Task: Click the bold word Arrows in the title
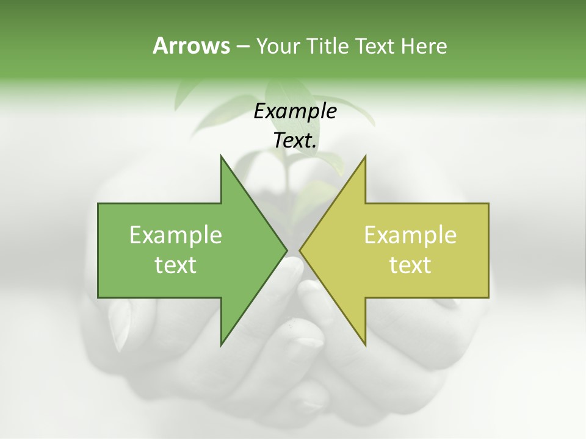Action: [x=190, y=46]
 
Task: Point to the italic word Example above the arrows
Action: [x=295, y=111]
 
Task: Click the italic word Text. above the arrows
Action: [x=295, y=140]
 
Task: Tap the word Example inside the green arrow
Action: [x=176, y=235]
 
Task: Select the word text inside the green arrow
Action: [x=176, y=265]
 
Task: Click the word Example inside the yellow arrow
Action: [x=410, y=235]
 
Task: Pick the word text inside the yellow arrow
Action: [x=410, y=265]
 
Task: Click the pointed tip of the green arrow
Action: [x=286, y=250]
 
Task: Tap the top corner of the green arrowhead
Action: [x=221, y=156]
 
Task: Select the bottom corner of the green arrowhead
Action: [x=221, y=344]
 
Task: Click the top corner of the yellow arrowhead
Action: [x=365, y=156]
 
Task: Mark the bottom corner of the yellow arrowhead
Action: [x=365, y=344]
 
